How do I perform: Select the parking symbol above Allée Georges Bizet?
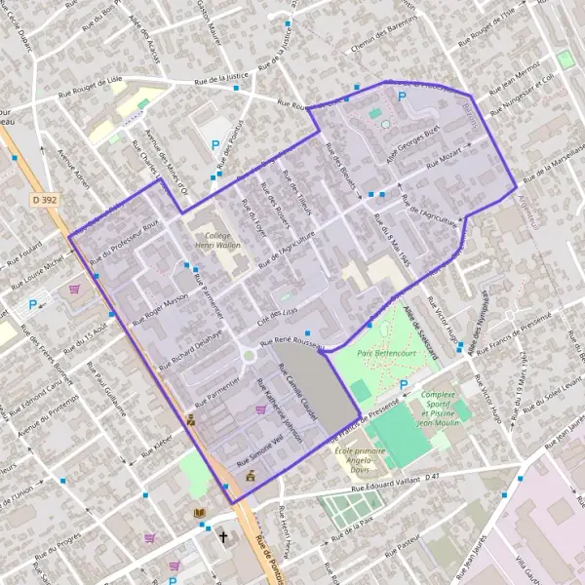point(401,97)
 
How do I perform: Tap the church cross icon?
point(222,536)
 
